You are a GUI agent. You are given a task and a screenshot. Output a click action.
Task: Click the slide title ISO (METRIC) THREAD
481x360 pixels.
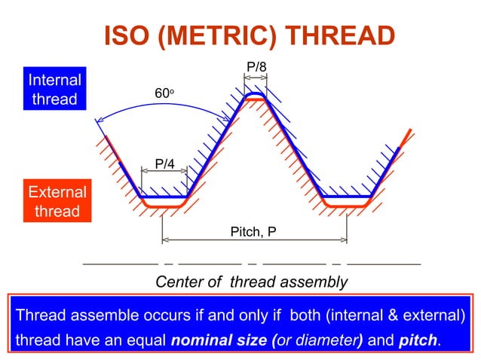pos(248,35)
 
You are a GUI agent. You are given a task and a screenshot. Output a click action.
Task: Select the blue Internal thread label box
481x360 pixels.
pos(54,90)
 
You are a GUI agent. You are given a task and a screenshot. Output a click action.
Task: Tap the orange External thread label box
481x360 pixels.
pos(57,201)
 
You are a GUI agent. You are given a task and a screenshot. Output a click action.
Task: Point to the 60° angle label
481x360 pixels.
pos(164,93)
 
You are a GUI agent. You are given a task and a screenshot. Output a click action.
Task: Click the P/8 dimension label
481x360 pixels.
pos(256,68)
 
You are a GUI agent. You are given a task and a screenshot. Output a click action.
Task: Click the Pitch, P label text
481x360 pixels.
pos(253,232)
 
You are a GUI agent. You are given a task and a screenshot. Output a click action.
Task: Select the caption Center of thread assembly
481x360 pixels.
pos(251,282)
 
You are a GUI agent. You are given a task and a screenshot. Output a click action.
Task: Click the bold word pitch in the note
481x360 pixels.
pos(417,340)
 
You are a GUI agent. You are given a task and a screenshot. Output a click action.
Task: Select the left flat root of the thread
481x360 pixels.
pos(164,199)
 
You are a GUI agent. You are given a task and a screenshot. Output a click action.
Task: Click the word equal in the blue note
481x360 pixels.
pos(145,340)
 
